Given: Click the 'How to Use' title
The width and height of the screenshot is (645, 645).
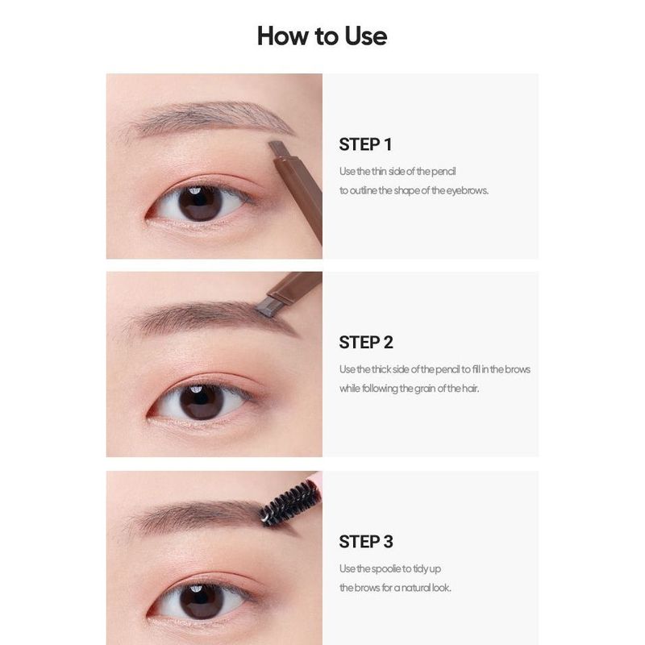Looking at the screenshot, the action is [x=322, y=35].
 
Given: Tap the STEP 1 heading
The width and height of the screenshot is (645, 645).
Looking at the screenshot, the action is [x=365, y=144].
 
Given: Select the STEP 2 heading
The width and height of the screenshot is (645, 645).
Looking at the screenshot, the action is [x=366, y=342].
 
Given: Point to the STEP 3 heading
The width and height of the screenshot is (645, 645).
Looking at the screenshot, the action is [x=366, y=542].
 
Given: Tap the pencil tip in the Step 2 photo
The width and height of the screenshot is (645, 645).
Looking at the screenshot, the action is [x=265, y=307].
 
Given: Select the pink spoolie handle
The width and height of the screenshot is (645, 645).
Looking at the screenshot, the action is [x=316, y=477].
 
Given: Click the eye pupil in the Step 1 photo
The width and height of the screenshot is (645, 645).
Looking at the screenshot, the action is [x=200, y=203].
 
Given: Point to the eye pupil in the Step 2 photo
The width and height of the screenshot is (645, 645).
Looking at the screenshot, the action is [x=201, y=402].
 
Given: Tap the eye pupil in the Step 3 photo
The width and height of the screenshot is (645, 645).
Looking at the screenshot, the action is [x=202, y=601].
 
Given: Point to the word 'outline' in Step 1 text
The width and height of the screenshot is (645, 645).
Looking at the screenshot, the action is [x=362, y=190].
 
